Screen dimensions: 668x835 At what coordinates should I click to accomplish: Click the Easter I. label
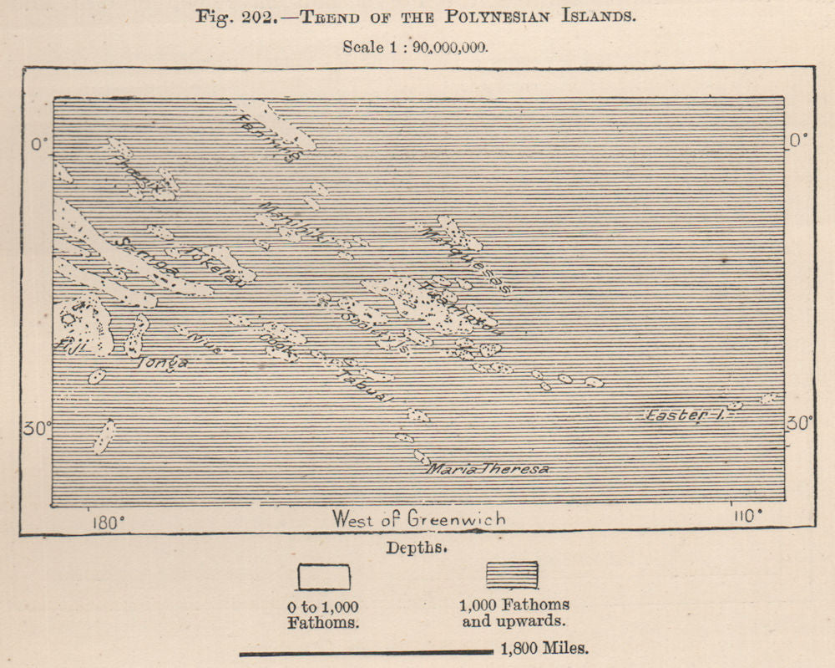(683, 415)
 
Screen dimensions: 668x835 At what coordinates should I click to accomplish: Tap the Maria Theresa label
(489, 469)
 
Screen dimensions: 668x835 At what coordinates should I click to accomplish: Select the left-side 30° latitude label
(37, 429)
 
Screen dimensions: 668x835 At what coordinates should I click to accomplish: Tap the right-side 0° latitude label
(800, 139)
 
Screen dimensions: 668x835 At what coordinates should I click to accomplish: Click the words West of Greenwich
(418, 519)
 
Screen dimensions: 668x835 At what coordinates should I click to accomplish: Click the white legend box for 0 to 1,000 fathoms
(324, 577)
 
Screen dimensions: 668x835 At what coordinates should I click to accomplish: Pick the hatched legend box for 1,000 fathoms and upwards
(512, 575)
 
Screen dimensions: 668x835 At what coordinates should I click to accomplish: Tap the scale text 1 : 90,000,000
(435, 47)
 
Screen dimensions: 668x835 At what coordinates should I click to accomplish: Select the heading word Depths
(417, 548)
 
